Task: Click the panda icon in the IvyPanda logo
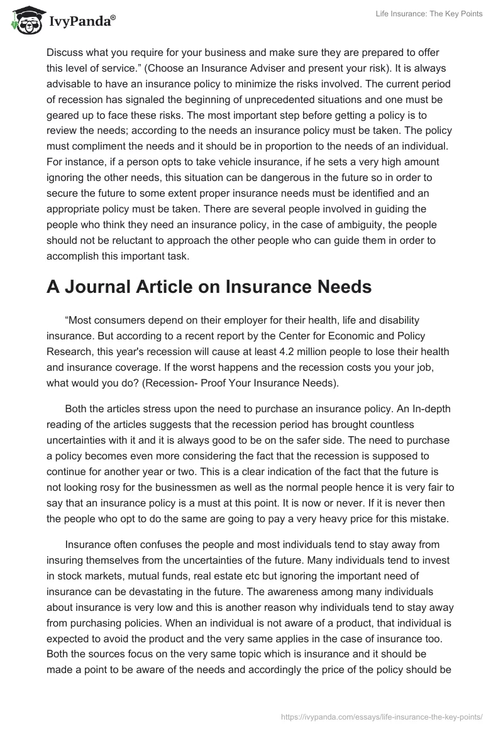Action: pyautogui.click(x=24, y=21)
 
